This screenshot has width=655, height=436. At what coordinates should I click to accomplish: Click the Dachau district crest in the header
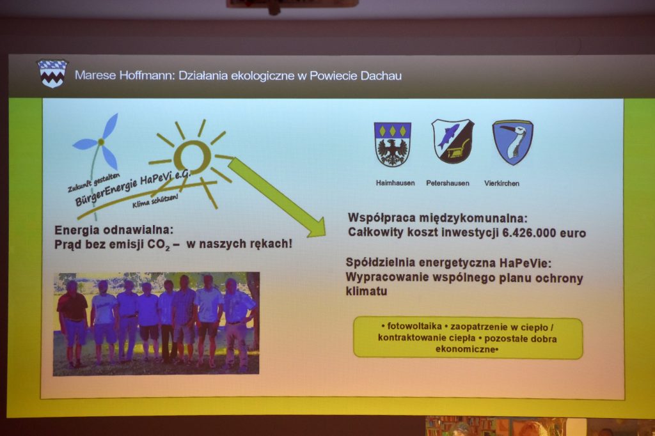tap(52, 74)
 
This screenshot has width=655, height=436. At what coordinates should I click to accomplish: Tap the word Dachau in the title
tap(381, 76)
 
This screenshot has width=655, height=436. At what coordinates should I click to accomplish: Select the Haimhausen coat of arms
tap(392, 144)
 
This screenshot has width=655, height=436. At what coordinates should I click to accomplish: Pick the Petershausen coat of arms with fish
tap(452, 141)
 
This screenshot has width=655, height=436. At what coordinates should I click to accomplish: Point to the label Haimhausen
tap(395, 183)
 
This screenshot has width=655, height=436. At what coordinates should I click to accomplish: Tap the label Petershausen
tap(447, 183)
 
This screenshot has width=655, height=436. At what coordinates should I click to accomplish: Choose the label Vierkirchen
tap(501, 183)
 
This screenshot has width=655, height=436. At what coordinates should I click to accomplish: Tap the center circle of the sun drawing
tap(193, 157)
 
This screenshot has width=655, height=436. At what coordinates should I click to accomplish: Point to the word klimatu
tap(367, 291)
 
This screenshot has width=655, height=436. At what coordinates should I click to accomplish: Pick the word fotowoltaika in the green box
tap(414, 326)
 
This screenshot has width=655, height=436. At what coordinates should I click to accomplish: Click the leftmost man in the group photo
tap(73, 322)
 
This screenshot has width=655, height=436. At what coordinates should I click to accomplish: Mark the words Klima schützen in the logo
tap(155, 201)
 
